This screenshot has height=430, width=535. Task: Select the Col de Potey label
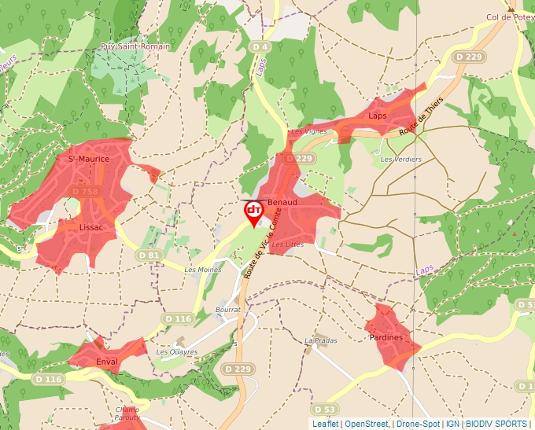(x=510, y=17)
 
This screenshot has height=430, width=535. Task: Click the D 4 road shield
(x=260, y=48)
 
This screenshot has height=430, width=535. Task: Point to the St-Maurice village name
(x=88, y=159)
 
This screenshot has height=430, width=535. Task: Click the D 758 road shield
(x=84, y=191)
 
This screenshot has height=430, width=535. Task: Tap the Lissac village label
(x=95, y=226)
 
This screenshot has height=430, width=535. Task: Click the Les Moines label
(x=202, y=270)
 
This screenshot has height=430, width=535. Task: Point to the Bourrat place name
(x=227, y=311)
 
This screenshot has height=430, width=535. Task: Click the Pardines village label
(x=386, y=337)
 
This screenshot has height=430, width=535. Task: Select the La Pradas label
(x=320, y=340)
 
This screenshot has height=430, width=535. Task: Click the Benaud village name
(x=282, y=202)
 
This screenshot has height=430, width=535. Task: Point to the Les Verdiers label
(x=400, y=160)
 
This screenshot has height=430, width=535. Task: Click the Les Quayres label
(x=176, y=351)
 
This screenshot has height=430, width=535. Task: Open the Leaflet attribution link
(x=325, y=424)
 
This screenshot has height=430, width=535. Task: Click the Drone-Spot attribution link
(x=418, y=424)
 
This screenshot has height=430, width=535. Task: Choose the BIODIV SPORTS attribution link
(x=496, y=424)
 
